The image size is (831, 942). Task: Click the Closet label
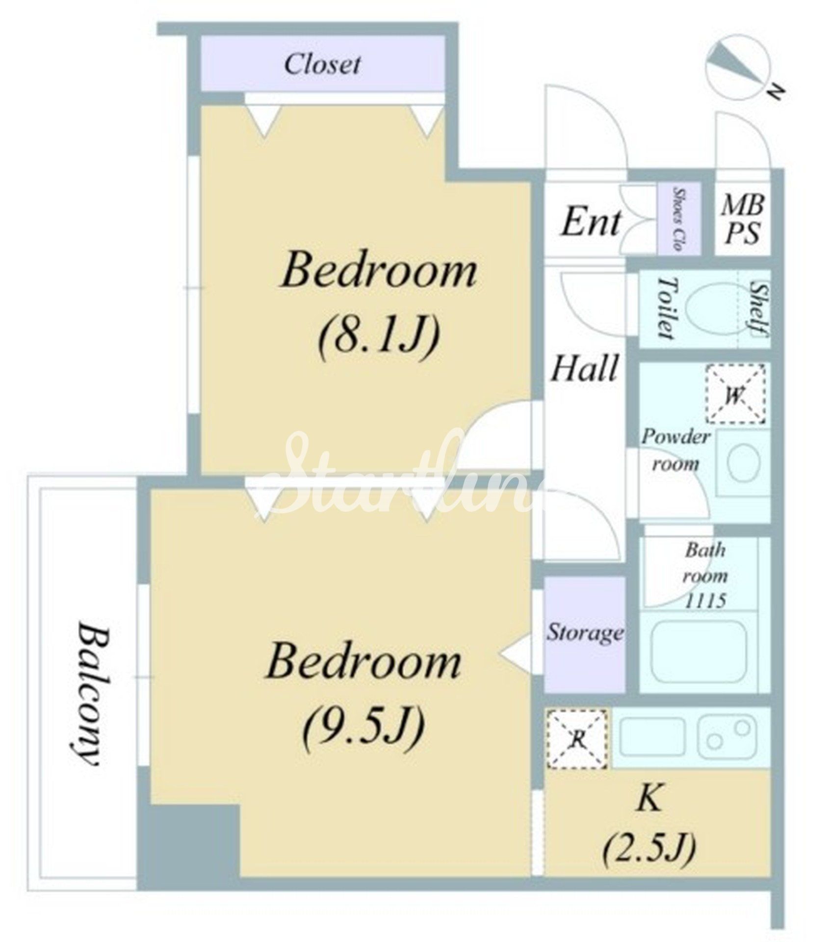[322, 64]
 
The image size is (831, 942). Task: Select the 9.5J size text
[363, 727]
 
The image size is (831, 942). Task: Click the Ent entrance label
[591, 222]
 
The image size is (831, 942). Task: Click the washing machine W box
[735, 394]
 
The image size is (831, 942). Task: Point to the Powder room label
[675, 450]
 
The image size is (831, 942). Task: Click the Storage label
[585, 632]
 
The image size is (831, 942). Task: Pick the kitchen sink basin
[652, 737]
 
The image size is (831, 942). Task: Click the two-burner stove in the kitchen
[726, 737]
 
